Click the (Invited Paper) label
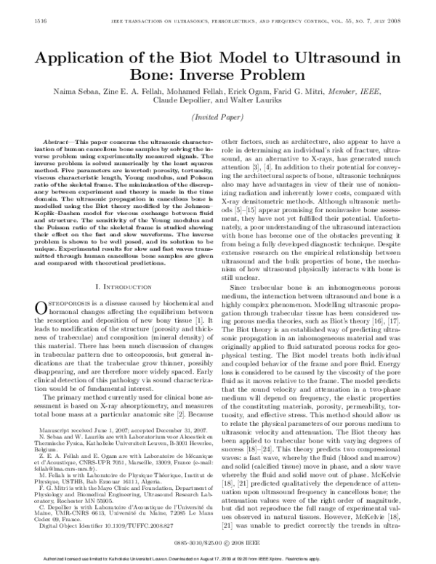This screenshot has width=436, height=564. point(217,118)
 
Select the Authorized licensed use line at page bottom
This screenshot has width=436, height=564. point(217,558)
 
